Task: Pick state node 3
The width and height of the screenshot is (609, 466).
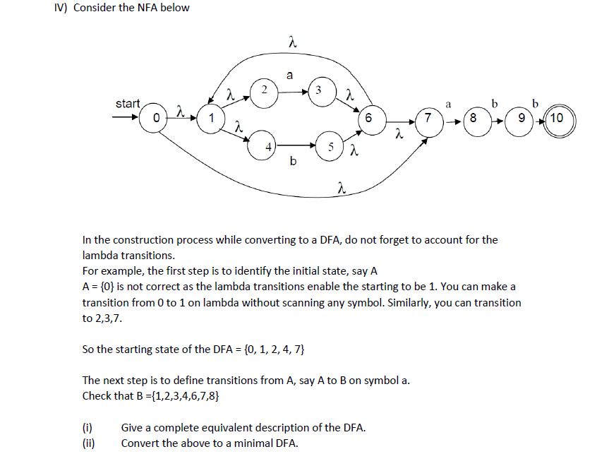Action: pyautogui.click(x=319, y=91)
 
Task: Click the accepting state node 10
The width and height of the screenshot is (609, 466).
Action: pyautogui.click(x=558, y=117)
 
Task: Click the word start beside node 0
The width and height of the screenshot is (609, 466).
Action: pyautogui.click(x=128, y=104)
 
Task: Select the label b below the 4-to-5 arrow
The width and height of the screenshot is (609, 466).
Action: pyautogui.click(x=293, y=162)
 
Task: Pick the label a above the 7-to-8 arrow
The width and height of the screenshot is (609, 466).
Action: pyautogui.click(x=447, y=103)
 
